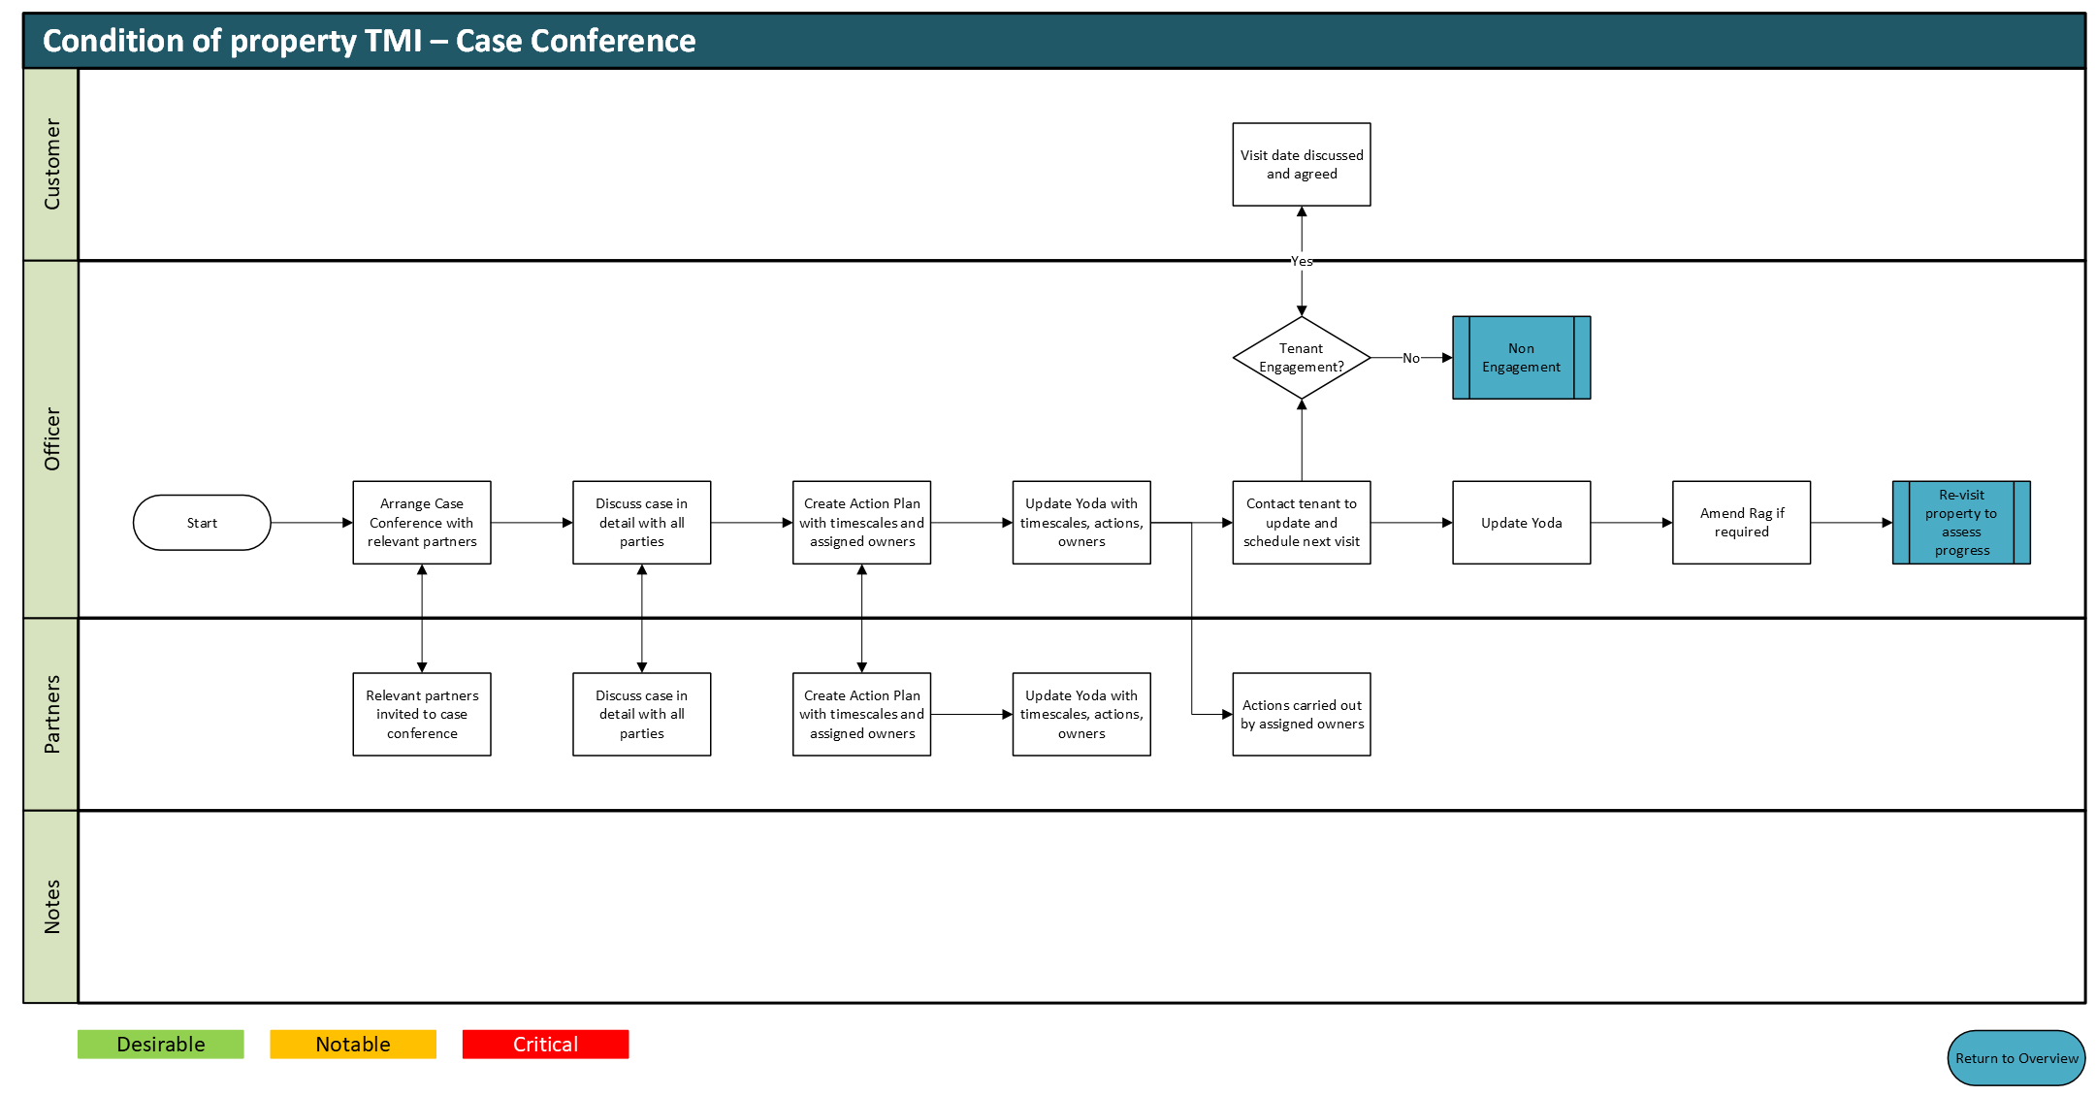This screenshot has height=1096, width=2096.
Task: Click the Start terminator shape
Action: [202, 523]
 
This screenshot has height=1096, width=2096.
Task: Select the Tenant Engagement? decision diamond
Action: [1302, 358]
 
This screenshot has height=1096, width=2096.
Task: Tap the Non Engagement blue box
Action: [1521, 358]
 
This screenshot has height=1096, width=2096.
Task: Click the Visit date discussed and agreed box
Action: [1302, 165]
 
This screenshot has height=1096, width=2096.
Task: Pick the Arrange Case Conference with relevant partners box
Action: [422, 523]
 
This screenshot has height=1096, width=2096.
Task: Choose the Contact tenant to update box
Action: [1302, 523]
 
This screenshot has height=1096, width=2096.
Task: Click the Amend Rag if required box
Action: [1741, 523]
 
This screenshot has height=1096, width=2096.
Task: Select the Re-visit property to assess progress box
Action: [1961, 523]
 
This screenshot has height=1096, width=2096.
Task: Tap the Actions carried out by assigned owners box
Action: [1302, 715]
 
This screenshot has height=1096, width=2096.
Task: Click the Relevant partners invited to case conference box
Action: [422, 715]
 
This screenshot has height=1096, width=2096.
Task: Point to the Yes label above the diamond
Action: [1302, 261]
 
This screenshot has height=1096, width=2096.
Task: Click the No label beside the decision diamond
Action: [1411, 358]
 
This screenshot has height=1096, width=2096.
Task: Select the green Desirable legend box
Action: [161, 1045]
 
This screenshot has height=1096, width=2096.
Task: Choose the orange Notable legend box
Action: [353, 1045]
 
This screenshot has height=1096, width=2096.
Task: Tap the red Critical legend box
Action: [545, 1045]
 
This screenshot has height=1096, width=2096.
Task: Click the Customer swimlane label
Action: [52, 165]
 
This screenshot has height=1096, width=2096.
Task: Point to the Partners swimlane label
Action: [52, 715]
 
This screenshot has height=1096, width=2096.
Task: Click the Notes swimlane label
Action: [52, 907]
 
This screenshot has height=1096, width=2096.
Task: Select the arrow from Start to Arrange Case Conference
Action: [312, 523]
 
